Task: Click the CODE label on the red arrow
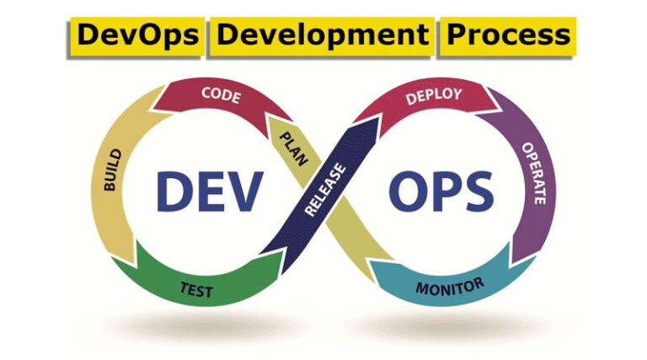tap(221, 95)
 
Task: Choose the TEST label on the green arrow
tap(195, 291)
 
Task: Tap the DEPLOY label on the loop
tap(433, 95)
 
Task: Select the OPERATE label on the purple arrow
tap(535, 173)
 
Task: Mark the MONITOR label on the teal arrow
tap(450, 286)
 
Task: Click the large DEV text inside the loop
tap(207, 192)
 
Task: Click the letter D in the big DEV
tap(172, 192)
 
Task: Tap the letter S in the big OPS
tap(477, 192)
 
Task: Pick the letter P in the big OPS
tap(443, 192)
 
